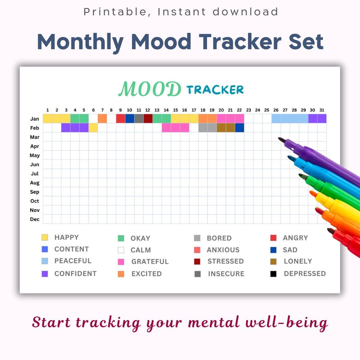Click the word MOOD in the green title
[x=150, y=89]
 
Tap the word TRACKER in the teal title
[x=215, y=90]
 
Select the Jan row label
[x=35, y=119]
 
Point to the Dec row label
[x=35, y=219]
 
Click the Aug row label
[x=35, y=183]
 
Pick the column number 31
[x=321, y=110]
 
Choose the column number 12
[x=148, y=110]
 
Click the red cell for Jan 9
[x=120, y=119]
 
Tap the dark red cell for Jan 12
[x=148, y=119]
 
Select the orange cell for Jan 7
[x=102, y=119]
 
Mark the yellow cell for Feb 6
[x=93, y=128]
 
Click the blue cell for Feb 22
[x=239, y=128]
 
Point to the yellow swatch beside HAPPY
[x=45, y=238]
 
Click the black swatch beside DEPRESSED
[x=273, y=274]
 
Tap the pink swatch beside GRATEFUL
[x=121, y=262]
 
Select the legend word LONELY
[x=298, y=261]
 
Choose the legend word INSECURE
[x=226, y=274]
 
